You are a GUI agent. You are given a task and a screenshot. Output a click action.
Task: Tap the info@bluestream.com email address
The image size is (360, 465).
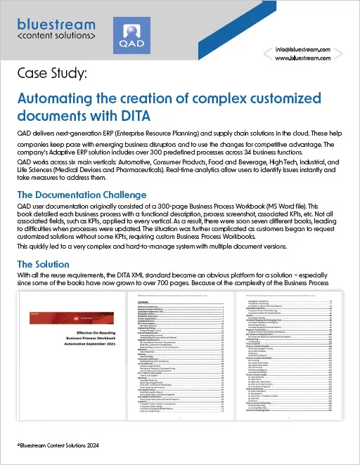point(312,50)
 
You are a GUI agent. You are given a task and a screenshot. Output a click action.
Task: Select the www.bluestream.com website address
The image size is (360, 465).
point(312,60)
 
